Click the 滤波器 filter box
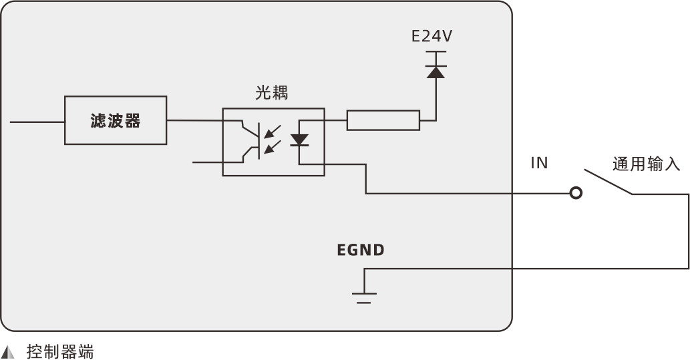pyautogui.click(x=116, y=120)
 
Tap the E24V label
pyautogui.click(x=432, y=36)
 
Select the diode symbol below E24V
pyautogui.click(x=436, y=71)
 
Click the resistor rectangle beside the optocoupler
pyautogui.click(x=383, y=120)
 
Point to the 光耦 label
pyautogui.click(x=272, y=93)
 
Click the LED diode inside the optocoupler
pyautogui.click(x=299, y=140)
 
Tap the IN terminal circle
pyautogui.click(x=575, y=194)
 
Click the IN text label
pyautogui.click(x=539, y=163)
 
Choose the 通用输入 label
pyautogui.click(x=646, y=164)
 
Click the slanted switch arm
pyautogui.click(x=609, y=182)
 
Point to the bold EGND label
pyautogui.click(x=361, y=250)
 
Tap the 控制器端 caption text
pyautogui.click(x=60, y=351)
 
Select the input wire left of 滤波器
pyautogui.click(x=37, y=122)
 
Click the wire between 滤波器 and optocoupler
pyautogui.click(x=194, y=120)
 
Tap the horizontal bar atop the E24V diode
pyautogui.click(x=436, y=52)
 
